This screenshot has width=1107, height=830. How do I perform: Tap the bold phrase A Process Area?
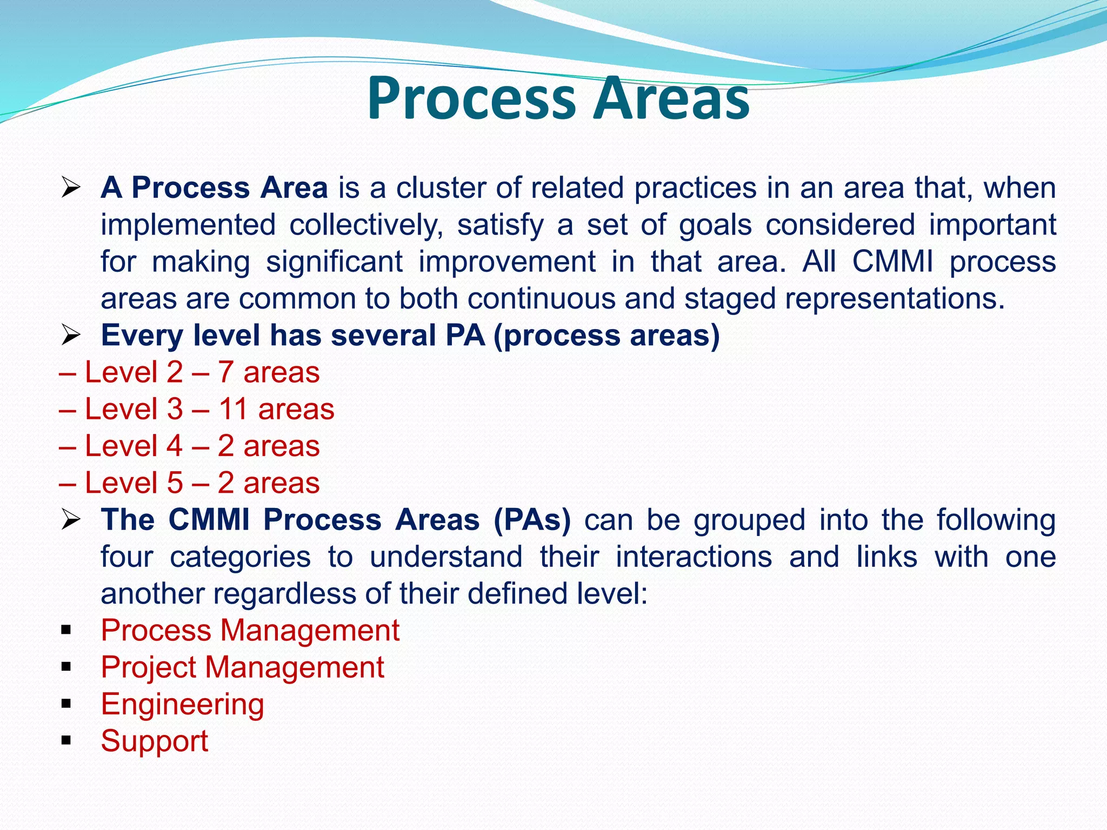pyautogui.click(x=214, y=188)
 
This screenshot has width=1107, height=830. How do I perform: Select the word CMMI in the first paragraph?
pyautogui.click(x=892, y=262)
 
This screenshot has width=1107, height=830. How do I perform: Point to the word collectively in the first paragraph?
pyautogui.click(x=366, y=225)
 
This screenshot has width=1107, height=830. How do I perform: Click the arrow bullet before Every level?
pyautogui.click(x=70, y=336)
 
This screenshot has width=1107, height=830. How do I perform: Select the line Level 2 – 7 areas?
pyautogui.click(x=190, y=372)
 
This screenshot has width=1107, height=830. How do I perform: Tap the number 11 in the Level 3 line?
pyautogui.click(x=233, y=409)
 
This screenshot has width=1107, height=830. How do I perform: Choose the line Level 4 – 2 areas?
pyautogui.click(x=190, y=446)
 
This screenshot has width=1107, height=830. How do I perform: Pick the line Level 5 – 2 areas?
pyautogui.click(x=190, y=483)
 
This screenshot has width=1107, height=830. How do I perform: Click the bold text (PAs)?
pyautogui.click(x=532, y=520)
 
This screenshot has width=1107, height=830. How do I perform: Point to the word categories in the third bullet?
pyautogui.click(x=240, y=557)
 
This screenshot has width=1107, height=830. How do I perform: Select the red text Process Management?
pyautogui.click(x=250, y=631)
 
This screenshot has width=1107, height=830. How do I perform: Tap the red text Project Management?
pyautogui.click(x=243, y=667)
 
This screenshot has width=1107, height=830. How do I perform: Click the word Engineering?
pyautogui.click(x=183, y=705)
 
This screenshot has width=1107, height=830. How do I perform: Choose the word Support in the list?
pyautogui.click(x=155, y=741)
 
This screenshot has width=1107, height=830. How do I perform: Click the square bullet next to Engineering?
pyautogui.click(x=66, y=704)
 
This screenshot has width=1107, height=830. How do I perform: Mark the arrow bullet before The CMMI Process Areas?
pyautogui.click(x=70, y=520)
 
